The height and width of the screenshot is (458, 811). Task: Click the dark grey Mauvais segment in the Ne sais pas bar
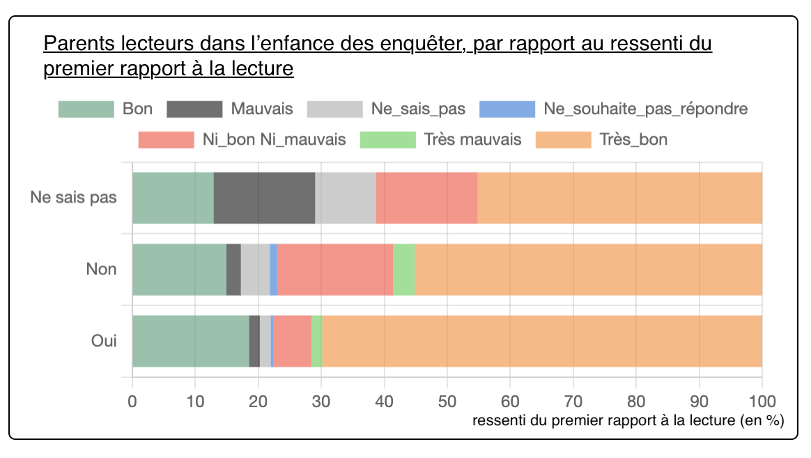pos(264,198)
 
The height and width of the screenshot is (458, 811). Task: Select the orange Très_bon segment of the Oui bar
pos(541,341)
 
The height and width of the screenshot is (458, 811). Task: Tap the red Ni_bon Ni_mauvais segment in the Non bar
pos(334,269)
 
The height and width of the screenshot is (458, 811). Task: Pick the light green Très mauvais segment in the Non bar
pos(403,269)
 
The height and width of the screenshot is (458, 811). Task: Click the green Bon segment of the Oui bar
pos(190,341)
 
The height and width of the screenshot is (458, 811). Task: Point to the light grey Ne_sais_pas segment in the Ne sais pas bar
pos(345,198)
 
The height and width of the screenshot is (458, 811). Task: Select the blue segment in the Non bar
pos(273,269)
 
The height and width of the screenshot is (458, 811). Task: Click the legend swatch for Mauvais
pos(194,109)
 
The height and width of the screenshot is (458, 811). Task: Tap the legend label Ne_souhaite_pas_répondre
pos(645,109)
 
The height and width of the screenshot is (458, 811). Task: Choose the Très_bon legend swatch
pos(563,139)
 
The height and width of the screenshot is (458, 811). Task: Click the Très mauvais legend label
pos(472,139)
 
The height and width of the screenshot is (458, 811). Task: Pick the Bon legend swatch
pos(85,109)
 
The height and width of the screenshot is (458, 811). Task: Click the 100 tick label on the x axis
pos(762,401)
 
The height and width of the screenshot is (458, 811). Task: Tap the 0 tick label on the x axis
pos(132,401)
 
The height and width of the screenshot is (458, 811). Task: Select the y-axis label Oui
pos(104,341)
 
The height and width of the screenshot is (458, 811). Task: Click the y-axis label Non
pos(102,269)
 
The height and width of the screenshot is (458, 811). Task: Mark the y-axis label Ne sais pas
pos(73,198)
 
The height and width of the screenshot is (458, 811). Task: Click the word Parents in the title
pos(78,45)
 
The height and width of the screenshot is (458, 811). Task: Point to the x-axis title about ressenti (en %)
pos(628,421)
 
